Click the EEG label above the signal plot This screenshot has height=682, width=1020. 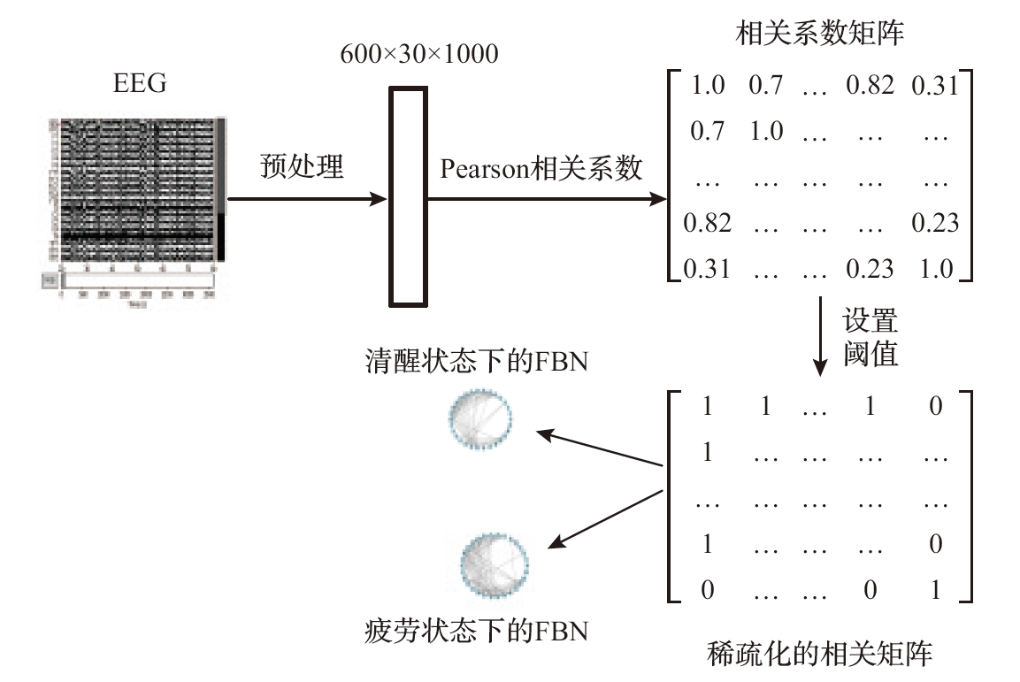tap(140, 85)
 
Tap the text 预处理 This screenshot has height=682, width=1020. tap(302, 166)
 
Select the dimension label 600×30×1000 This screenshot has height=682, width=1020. tap(419, 55)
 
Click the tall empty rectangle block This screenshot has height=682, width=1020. tap(408, 195)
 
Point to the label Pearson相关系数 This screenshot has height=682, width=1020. tap(541, 168)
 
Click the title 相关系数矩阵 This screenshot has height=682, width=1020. tap(820, 35)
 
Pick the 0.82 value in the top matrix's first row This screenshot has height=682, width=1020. tap(870, 86)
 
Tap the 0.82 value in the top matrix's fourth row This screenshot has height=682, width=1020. tap(707, 223)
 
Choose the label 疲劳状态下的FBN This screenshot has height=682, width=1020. tap(477, 632)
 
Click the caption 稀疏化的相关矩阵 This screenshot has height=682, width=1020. tap(820, 655)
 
